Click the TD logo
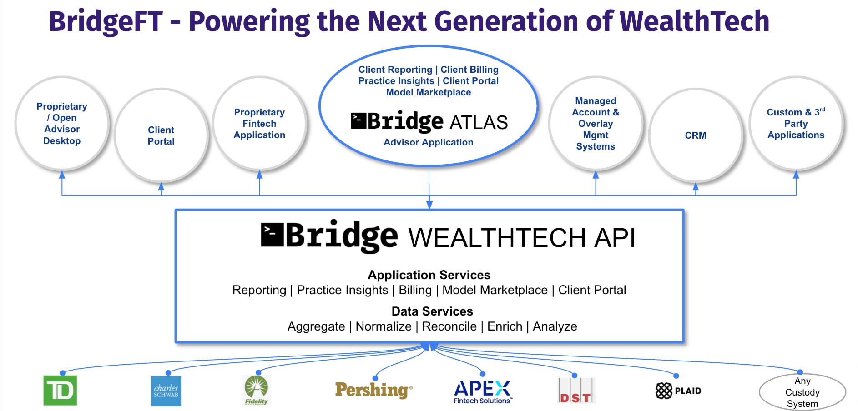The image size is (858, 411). point(60,390)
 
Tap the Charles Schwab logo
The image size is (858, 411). point(166,391)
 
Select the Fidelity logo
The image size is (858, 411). point(257,390)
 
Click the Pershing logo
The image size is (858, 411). point(373,390)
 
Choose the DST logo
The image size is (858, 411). point(576,391)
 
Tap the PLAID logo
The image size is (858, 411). point(678,391)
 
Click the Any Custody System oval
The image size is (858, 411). point(802,392)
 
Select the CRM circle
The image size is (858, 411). point(696,135)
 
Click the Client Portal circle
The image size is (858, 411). point(161,135)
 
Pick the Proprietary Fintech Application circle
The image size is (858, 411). point(259,124)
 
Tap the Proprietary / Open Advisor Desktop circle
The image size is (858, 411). point(62,124)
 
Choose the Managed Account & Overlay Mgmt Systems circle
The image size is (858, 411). point(596,124)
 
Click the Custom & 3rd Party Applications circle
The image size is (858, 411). point(796,124)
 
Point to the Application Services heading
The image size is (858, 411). point(429,275)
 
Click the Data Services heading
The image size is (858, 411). point(432,311)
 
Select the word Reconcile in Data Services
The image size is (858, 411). point(449,326)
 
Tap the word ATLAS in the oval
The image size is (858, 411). point(479,122)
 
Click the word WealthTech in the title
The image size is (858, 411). point(694,21)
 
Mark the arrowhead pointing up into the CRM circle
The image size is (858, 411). point(696,186)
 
